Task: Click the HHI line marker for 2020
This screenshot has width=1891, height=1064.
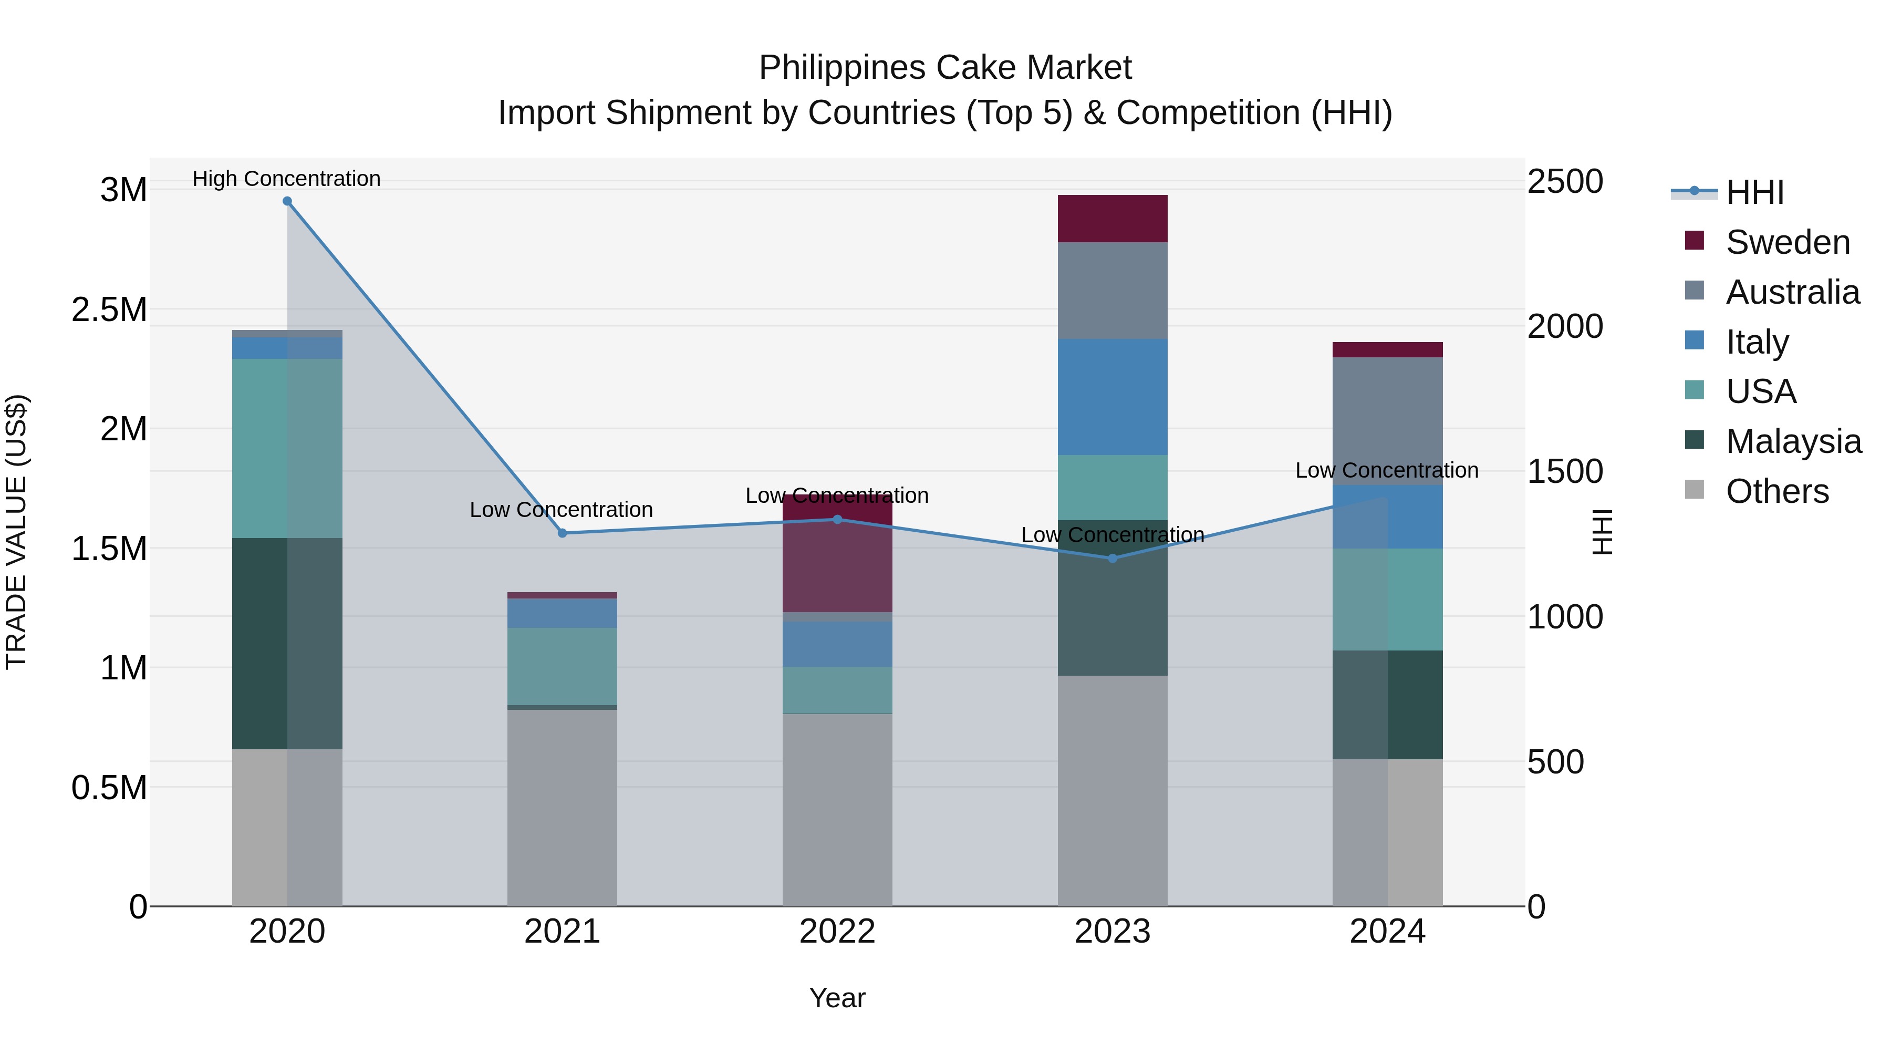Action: (287, 201)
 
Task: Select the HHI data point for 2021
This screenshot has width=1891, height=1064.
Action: (562, 533)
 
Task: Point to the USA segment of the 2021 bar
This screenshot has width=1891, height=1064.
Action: (562, 666)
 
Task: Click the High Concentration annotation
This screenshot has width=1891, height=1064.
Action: (286, 179)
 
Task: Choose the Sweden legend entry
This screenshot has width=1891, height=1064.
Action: (1787, 242)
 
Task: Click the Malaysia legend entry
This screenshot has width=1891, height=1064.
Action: (1793, 441)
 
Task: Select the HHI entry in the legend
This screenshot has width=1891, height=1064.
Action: (1754, 192)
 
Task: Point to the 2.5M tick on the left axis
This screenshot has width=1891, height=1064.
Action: (109, 310)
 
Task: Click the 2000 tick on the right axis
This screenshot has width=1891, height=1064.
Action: (1565, 327)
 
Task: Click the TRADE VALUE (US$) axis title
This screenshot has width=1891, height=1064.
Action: (17, 532)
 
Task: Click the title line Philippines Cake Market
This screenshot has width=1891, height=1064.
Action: (945, 68)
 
